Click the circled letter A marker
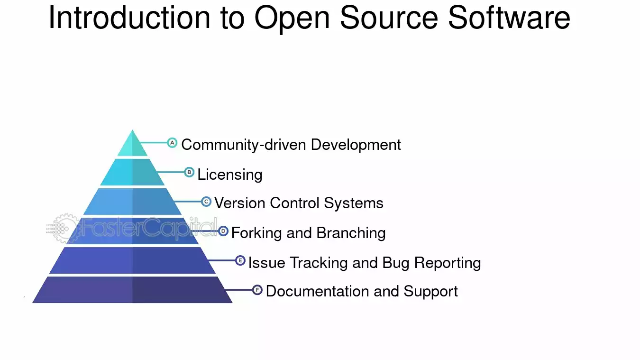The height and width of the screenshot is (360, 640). pos(172,142)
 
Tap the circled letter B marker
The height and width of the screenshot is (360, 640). pos(189,172)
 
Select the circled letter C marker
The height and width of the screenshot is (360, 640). pos(206,202)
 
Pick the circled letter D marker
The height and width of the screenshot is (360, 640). pos(223,231)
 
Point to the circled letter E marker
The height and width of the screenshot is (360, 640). pos(240,260)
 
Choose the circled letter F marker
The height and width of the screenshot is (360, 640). pos(257,290)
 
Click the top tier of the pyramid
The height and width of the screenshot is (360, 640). pos(132,146)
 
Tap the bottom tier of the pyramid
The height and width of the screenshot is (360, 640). pos(132,290)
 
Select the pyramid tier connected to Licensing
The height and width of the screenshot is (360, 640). pos(132,172)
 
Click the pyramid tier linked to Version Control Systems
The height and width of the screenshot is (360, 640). pos(132,201)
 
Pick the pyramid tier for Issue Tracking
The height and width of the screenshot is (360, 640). pos(132,260)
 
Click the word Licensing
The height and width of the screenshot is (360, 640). pos(230,175)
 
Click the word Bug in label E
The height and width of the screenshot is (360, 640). pos(396,263)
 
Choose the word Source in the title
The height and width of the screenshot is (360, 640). pos(389,18)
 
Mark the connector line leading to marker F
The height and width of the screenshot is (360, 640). pos(239,290)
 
